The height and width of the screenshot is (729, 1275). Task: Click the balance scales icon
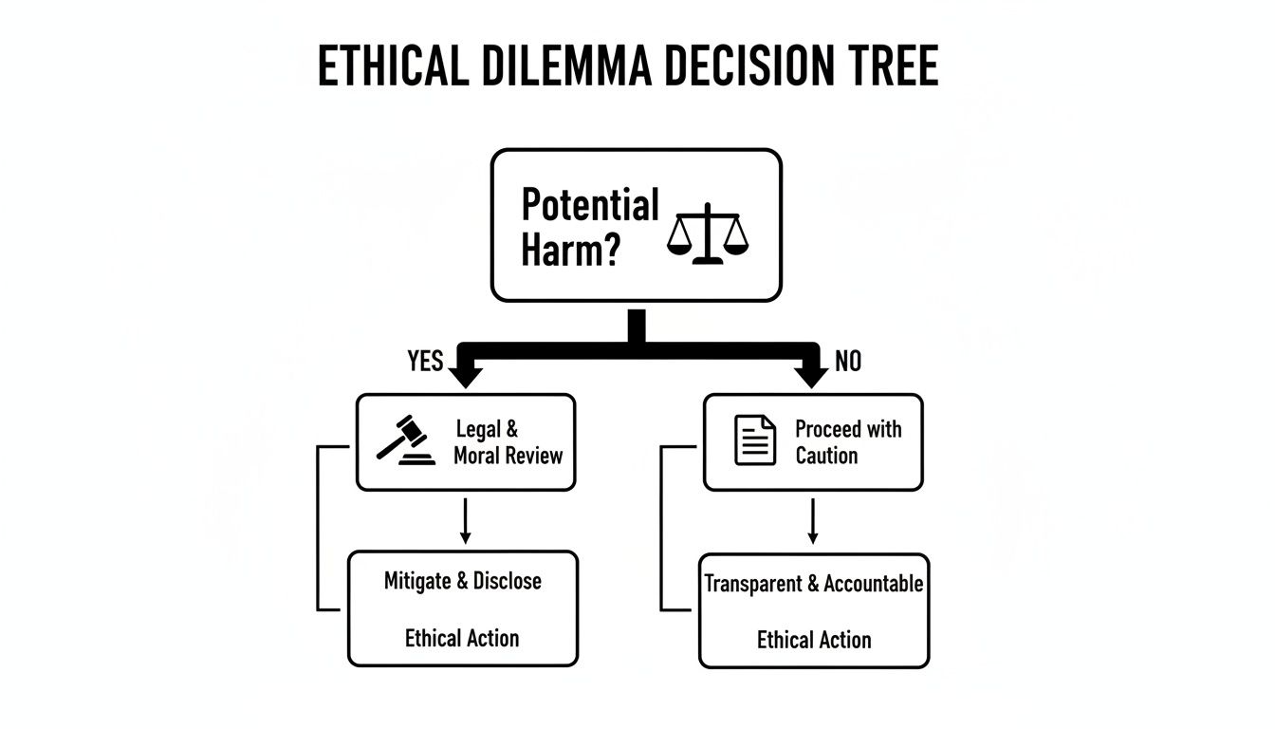coord(708,234)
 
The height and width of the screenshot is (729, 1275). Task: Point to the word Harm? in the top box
coord(569,252)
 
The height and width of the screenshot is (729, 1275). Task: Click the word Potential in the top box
coord(590,205)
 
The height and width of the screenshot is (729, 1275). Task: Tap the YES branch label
coord(425,362)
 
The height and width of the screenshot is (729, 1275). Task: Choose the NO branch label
coord(847,362)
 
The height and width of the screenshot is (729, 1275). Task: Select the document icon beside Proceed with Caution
coord(755,441)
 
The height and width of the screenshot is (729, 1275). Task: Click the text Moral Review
coord(508,456)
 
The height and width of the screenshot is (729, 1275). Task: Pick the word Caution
coord(826,456)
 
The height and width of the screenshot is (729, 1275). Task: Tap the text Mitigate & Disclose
coord(463,581)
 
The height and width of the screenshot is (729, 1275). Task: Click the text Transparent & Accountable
coord(814,584)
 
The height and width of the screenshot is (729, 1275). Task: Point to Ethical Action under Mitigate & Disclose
coord(462,638)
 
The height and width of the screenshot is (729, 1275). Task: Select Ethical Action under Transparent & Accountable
coord(814,640)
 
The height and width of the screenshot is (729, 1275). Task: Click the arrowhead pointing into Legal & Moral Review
coord(464,375)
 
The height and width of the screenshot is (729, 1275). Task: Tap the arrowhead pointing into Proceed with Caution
coord(811,375)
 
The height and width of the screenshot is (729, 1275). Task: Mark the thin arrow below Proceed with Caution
coord(812,522)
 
